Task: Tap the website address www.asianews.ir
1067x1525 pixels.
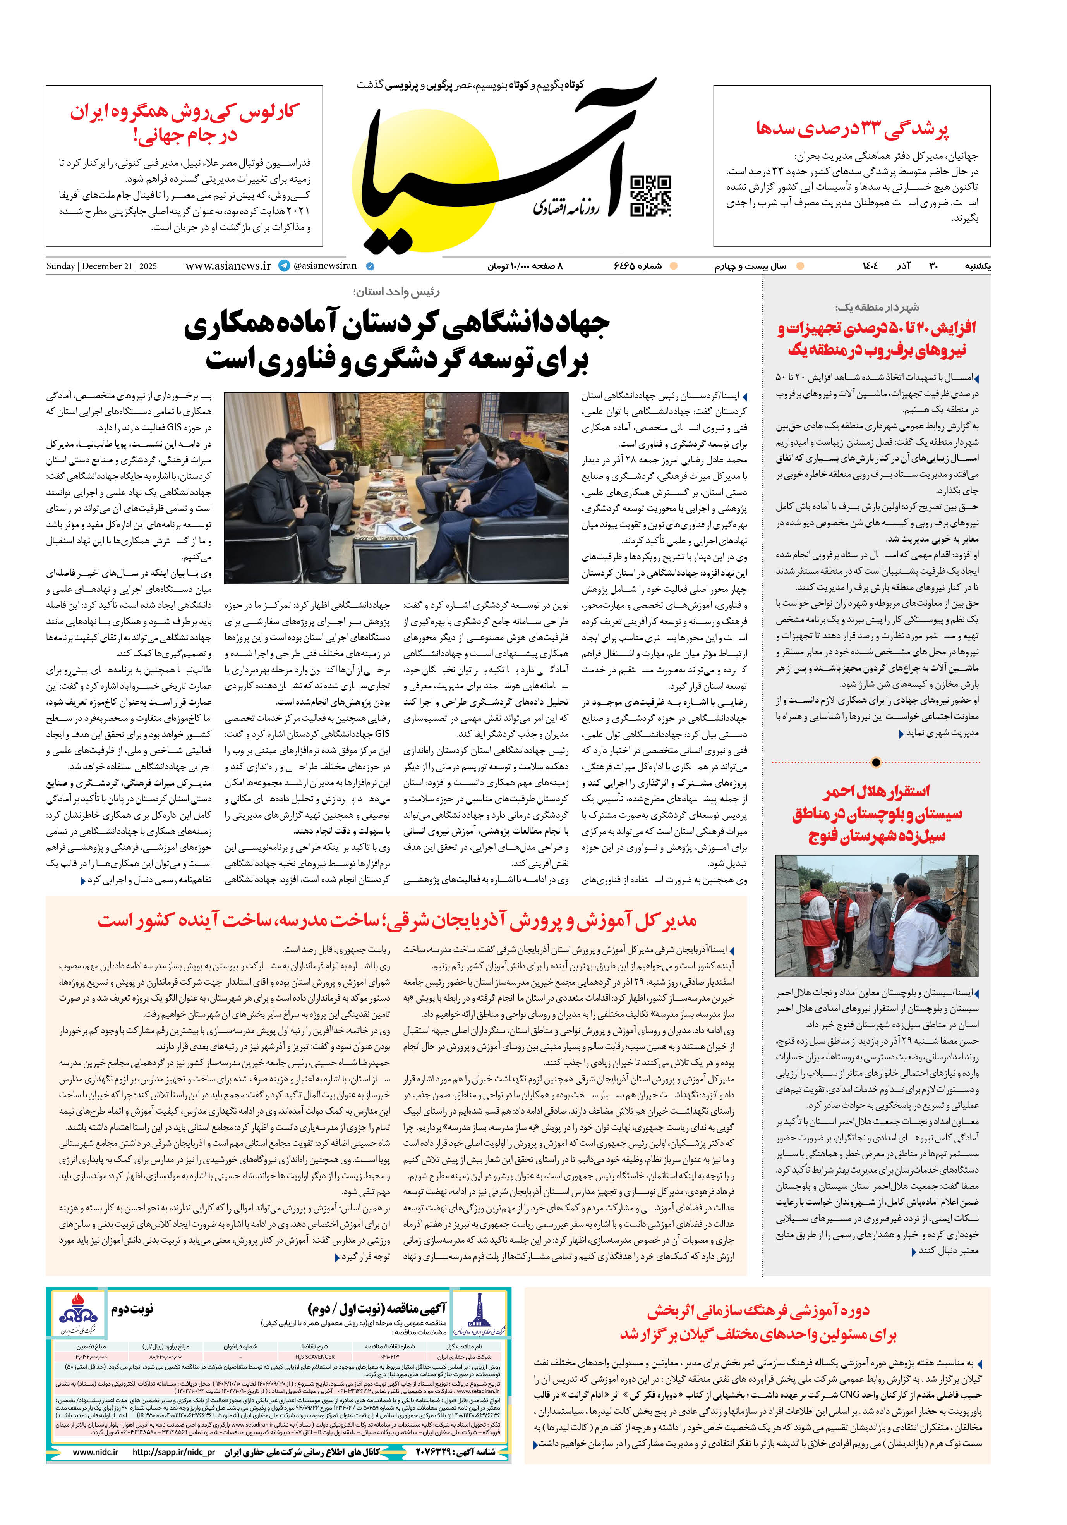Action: coord(228,266)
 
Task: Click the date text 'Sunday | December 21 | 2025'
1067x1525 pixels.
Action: coord(101,266)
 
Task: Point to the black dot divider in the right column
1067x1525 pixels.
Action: coord(876,762)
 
